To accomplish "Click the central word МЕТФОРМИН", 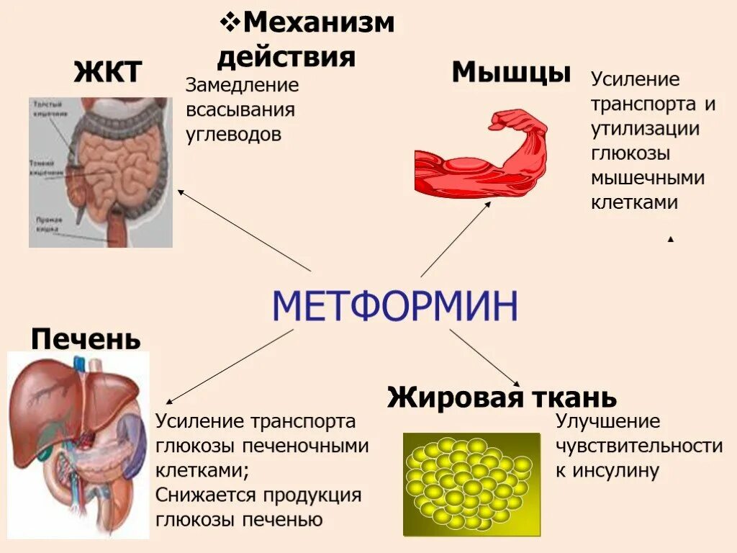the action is coord(395,307).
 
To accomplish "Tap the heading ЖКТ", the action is coord(107,72).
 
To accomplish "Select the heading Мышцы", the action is coord(511,72).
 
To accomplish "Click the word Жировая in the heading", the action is coord(447,397).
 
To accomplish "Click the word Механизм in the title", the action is coord(319,22).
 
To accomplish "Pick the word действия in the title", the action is coord(286,56).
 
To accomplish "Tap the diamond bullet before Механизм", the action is coord(229,22).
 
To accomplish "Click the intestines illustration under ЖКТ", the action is coord(101,172).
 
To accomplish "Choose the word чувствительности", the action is coord(639,446).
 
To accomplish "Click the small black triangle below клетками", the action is coord(671,239).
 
